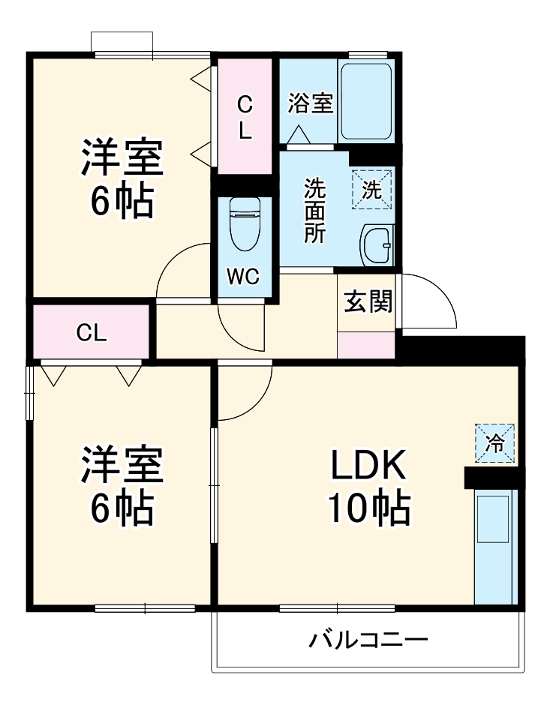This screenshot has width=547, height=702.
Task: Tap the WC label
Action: click(x=243, y=277)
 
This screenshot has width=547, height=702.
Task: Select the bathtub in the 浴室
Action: click(x=365, y=102)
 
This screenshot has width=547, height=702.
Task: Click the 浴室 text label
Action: click(x=310, y=103)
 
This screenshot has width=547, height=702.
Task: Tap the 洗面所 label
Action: click(x=314, y=211)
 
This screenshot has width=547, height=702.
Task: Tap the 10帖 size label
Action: click(x=368, y=510)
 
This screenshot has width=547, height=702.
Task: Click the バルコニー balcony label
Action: click(x=368, y=640)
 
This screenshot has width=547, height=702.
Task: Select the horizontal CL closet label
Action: click(x=92, y=333)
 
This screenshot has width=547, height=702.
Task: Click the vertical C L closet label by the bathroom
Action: click(x=245, y=117)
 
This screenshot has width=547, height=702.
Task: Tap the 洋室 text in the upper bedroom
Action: click(x=122, y=158)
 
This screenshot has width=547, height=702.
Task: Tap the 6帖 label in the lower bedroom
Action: click(x=122, y=510)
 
